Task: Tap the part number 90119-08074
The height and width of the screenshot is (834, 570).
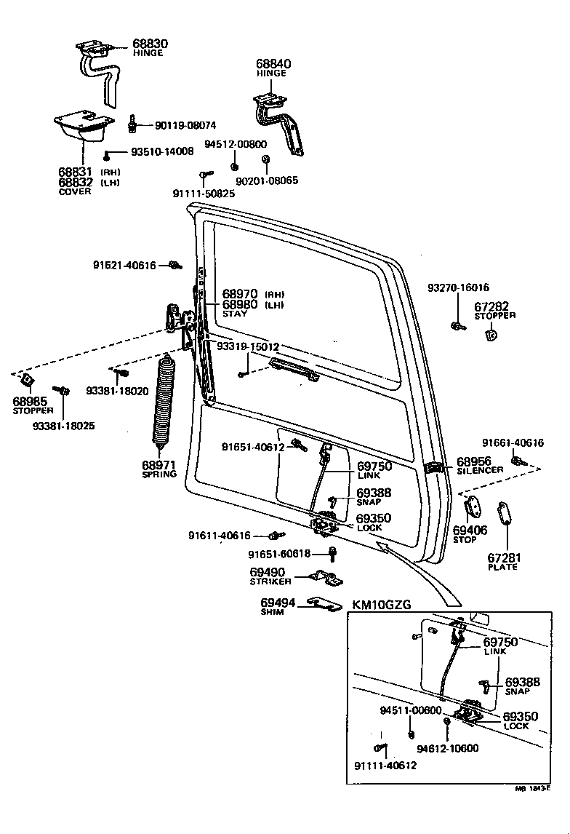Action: (185, 125)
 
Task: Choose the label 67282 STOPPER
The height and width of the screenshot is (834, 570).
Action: (494, 311)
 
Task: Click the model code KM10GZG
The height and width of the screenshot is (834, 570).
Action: (382, 605)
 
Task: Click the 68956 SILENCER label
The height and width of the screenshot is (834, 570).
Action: (480, 465)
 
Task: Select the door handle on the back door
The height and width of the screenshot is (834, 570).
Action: (293, 368)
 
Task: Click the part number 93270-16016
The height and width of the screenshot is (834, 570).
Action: (459, 287)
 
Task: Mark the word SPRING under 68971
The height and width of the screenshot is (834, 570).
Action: (159, 474)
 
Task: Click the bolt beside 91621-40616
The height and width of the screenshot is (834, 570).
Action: (174, 265)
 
